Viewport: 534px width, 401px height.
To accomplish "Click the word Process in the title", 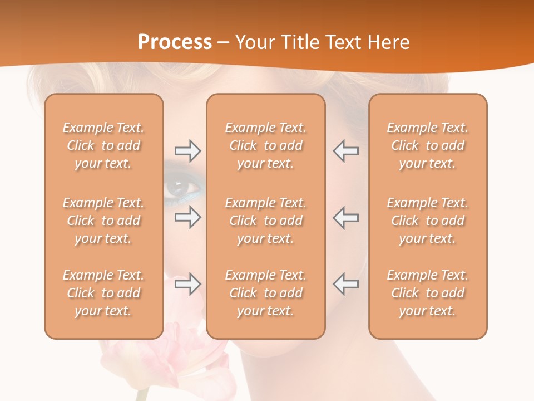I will [175, 42].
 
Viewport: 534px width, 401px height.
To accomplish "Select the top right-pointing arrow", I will [187, 151].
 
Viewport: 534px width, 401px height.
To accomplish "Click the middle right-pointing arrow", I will [187, 217].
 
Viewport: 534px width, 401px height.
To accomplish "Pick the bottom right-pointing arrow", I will [187, 284].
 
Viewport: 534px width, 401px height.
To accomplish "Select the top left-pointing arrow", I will [346, 151].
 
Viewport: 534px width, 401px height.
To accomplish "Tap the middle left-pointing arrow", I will [346, 217].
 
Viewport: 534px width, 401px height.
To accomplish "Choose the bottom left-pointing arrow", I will [346, 284].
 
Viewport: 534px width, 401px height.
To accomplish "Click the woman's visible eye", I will [180, 189].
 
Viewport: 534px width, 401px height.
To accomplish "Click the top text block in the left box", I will [103, 145].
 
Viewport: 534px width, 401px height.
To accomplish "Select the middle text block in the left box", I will [103, 221].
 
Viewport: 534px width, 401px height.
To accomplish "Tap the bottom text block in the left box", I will [103, 293].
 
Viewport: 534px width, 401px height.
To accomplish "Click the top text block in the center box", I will [266, 145].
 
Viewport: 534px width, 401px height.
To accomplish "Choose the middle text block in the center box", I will [266, 221].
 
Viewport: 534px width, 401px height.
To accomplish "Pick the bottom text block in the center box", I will [266, 293].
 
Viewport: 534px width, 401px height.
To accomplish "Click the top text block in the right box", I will [428, 145].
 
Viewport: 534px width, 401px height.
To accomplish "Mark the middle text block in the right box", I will [428, 221].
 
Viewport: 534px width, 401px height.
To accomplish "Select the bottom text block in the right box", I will [428, 293].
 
